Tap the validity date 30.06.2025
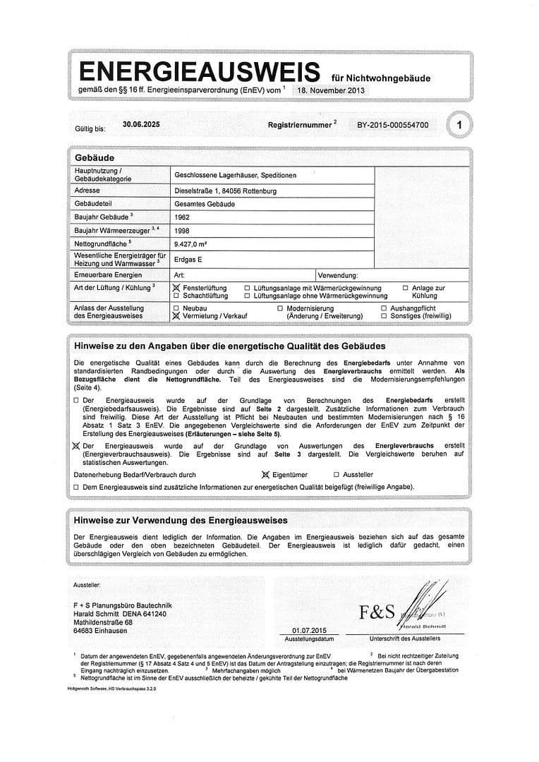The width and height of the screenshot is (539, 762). (x=141, y=124)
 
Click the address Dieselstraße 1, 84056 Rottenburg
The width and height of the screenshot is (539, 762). (x=225, y=190)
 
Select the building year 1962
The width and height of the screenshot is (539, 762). (x=182, y=217)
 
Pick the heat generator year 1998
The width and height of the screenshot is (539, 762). (x=182, y=230)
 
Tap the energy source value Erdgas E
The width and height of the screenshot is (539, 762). (x=188, y=260)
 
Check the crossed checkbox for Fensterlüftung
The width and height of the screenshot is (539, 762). (x=176, y=289)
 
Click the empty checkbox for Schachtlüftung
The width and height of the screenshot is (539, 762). (x=176, y=296)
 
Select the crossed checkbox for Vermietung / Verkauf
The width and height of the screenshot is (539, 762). (x=176, y=317)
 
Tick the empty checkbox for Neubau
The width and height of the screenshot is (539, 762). (x=176, y=309)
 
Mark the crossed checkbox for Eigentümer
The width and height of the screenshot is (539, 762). (x=266, y=475)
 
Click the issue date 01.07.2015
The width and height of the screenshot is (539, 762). (x=309, y=630)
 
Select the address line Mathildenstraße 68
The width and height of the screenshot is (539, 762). (x=103, y=623)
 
